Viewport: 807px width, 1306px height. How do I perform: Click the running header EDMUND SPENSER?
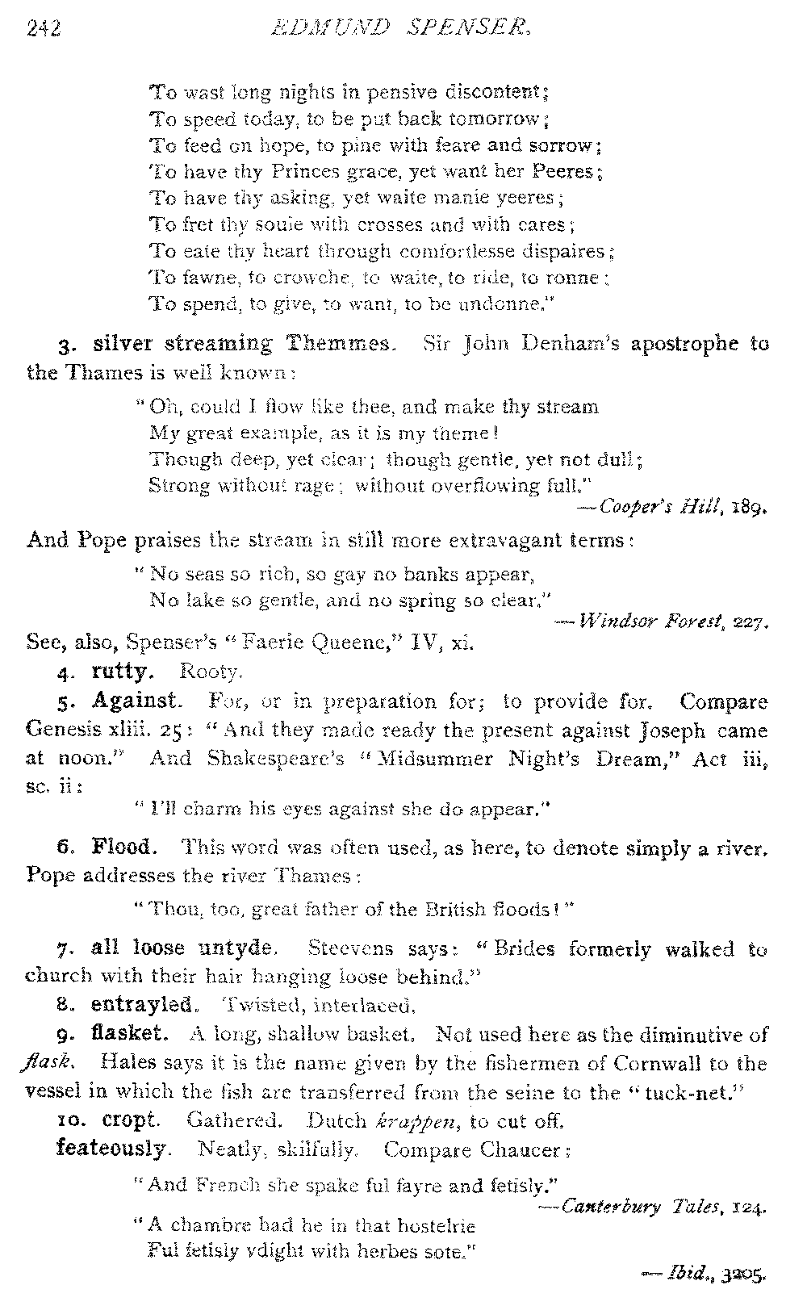pyautogui.click(x=401, y=29)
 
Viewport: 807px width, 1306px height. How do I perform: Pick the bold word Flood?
pyautogui.click(x=121, y=848)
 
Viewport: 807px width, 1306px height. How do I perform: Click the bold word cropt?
pyautogui.click(x=131, y=1120)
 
